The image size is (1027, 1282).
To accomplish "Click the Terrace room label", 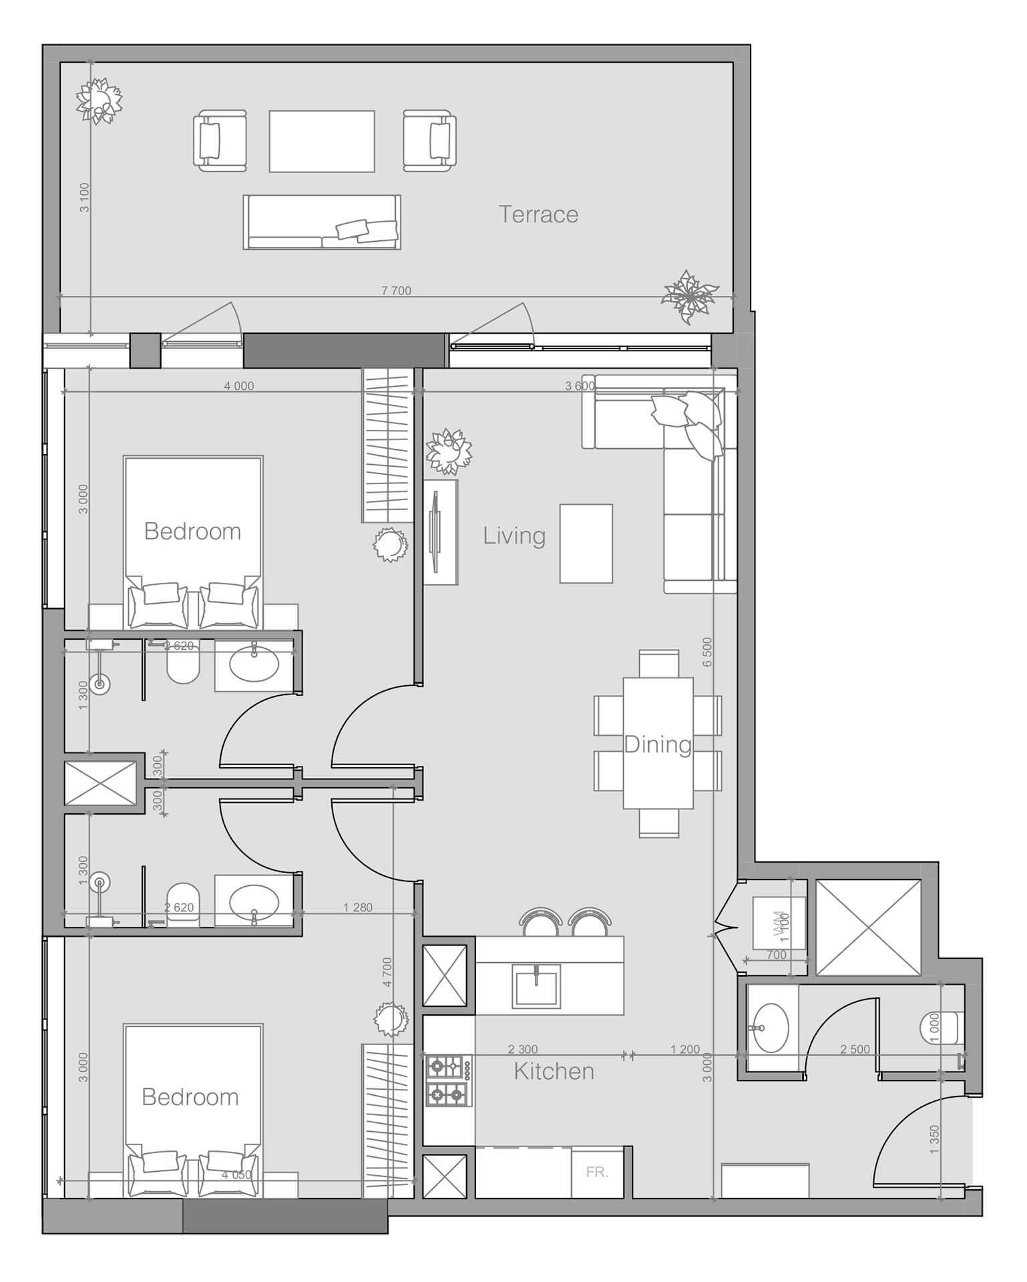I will pyautogui.click(x=538, y=214).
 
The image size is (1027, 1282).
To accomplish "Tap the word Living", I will pyautogui.click(x=513, y=536).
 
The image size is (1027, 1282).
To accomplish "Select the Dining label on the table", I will pyautogui.click(x=657, y=744).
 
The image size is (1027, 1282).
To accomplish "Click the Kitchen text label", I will pyautogui.click(x=554, y=1071).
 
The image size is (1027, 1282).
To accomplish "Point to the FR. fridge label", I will pyautogui.click(x=597, y=1172).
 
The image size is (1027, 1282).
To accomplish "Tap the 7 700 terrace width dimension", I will pyautogui.click(x=396, y=290).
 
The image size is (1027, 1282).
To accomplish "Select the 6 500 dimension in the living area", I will pyautogui.click(x=707, y=652).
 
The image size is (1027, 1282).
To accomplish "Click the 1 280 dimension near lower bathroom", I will pyautogui.click(x=358, y=907).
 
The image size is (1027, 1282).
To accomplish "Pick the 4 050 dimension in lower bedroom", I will pyautogui.click(x=236, y=1174).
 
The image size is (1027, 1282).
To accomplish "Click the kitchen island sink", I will pyautogui.click(x=536, y=986).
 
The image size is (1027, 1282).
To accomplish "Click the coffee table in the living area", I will pyautogui.click(x=586, y=544).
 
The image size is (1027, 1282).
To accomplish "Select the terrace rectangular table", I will pyautogui.click(x=322, y=142).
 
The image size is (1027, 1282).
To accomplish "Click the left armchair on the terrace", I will pyautogui.click(x=219, y=141).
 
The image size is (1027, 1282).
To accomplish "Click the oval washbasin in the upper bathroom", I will pyautogui.click(x=254, y=664).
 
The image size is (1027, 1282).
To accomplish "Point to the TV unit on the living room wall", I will pyautogui.click(x=441, y=531).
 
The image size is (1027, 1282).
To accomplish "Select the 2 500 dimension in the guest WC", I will pyautogui.click(x=855, y=1049).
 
